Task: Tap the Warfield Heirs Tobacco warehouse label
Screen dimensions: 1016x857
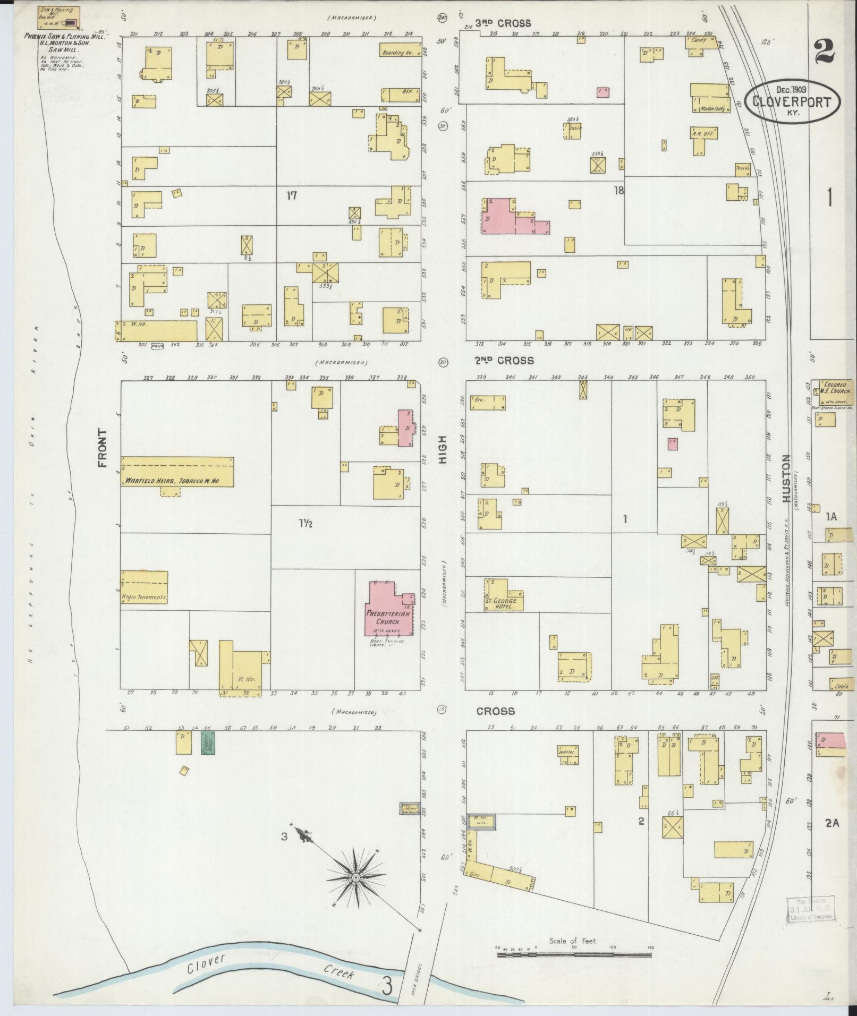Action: (x=172, y=481)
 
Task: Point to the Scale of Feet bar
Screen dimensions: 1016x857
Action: (x=574, y=954)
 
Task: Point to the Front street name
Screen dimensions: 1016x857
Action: (x=103, y=449)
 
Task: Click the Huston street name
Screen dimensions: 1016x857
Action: (x=787, y=478)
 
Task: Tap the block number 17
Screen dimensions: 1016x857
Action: (x=291, y=196)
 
